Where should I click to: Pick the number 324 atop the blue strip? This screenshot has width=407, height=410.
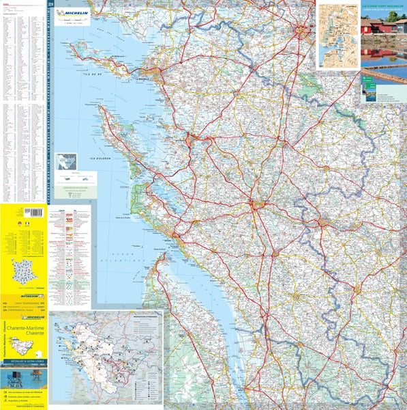(52, 5)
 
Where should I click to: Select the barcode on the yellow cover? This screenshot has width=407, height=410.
(28, 212)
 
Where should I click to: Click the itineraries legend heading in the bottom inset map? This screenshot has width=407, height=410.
(148, 317)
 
